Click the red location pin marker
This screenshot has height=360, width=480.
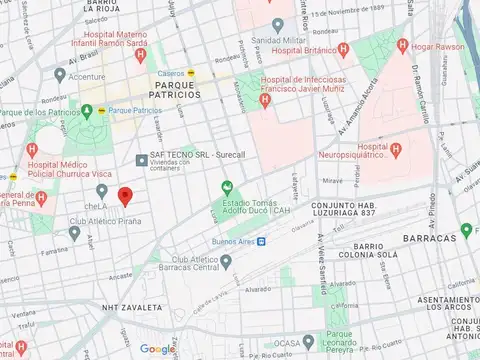coord(125,196)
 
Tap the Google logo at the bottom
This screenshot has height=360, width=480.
coord(157,349)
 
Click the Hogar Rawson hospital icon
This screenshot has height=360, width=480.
coord(403,45)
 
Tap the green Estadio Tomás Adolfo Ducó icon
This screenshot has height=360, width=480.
coord(226,187)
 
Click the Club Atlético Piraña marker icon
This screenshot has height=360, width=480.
coord(74,233)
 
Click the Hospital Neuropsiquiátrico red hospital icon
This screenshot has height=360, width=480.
coord(396,150)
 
